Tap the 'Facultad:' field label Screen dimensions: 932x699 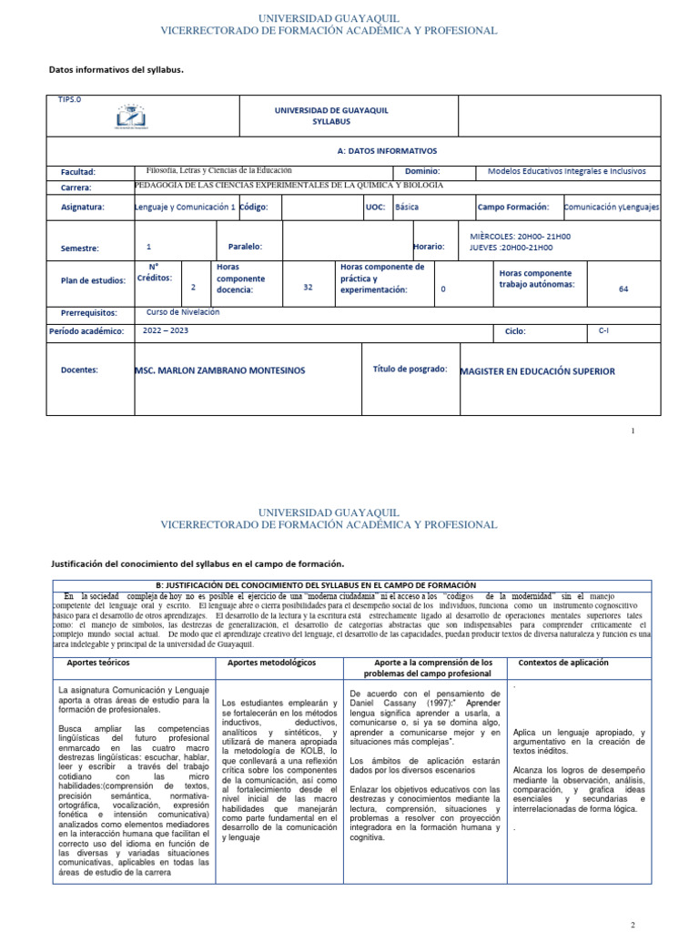(x=78, y=172)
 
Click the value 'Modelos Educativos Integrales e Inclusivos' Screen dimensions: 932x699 (x=566, y=171)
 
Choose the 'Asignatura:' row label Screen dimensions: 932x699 (x=83, y=207)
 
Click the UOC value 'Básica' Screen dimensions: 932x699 (x=408, y=207)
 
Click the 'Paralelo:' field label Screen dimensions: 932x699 (x=244, y=247)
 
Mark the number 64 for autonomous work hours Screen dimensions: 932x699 (x=623, y=289)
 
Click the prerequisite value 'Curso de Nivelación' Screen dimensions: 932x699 (x=182, y=311)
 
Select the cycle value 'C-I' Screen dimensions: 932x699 (x=603, y=331)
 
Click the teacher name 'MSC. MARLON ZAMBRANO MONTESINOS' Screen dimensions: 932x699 (x=219, y=371)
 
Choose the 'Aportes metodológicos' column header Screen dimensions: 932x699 (x=271, y=662)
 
